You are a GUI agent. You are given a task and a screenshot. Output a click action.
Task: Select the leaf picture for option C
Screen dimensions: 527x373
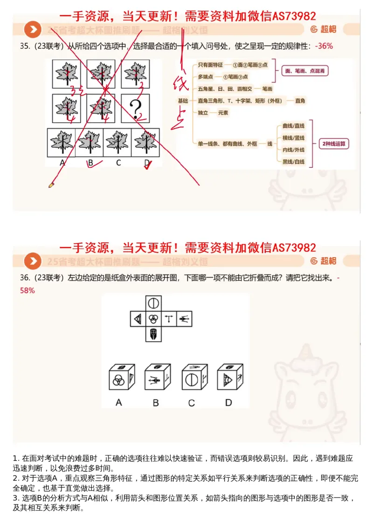pos(118,142)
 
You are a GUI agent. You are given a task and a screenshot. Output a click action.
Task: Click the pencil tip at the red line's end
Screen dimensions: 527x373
pos(51,185)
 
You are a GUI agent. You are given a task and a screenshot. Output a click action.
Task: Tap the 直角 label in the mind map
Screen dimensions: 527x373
pos(300,101)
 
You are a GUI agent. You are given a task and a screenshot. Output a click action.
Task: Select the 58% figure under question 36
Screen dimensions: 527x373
pos(28,290)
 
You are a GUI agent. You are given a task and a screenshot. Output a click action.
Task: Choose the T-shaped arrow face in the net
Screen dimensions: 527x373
pos(168,319)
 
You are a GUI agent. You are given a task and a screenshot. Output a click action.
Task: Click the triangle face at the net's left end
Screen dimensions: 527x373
pos(138,319)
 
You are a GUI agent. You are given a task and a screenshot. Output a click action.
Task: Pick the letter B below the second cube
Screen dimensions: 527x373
pos(156,403)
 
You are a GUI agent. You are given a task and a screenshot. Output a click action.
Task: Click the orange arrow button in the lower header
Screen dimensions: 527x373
pos(33,261)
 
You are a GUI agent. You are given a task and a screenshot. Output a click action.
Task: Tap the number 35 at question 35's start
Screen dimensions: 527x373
pos(24,46)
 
